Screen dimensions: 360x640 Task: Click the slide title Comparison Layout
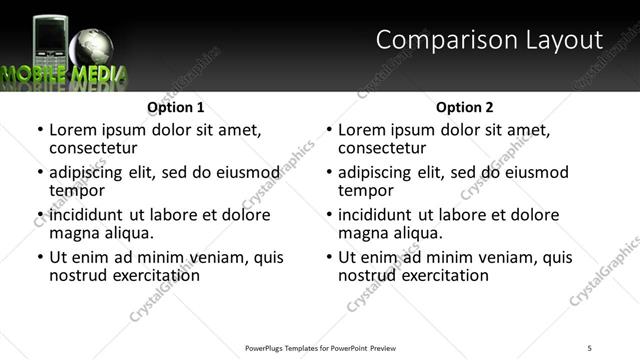(x=489, y=40)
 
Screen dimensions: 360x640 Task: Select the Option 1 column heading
(x=176, y=107)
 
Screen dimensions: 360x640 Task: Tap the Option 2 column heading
(x=465, y=107)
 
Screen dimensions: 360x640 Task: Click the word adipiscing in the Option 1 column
(x=86, y=172)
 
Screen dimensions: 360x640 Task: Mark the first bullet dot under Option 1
(x=39, y=130)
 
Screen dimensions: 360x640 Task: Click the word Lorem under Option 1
(x=72, y=130)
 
